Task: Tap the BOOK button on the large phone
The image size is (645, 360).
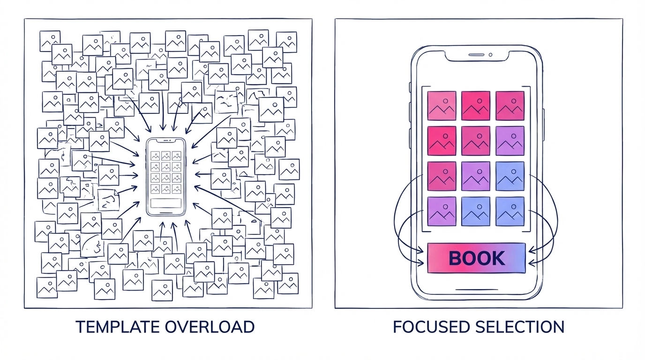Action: click(476, 258)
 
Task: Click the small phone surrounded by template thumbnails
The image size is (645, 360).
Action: click(166, 176)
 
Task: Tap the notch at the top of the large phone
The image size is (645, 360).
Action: click(476, 55)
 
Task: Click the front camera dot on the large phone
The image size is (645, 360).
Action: click(490, 55)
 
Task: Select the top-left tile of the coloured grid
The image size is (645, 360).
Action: click(442, 106)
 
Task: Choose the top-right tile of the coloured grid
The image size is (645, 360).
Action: click(510, 106)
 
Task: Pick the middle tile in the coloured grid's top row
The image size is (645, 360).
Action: click(476, 106)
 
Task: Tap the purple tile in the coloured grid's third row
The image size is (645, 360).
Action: click(476, 176)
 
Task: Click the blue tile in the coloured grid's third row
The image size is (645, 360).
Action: click(510, 176)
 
